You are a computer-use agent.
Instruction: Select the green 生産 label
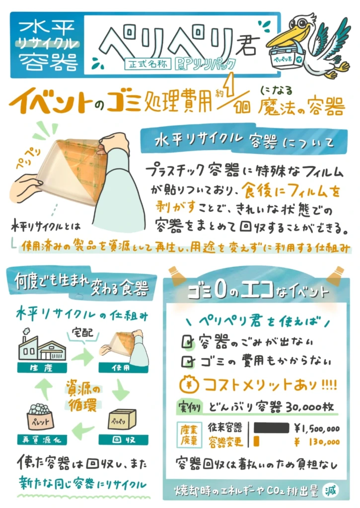pyautogui.click(x=42, y=368)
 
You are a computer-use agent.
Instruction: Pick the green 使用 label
pyautogui.click(x=123, y=368)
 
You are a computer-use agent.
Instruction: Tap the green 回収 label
pyautogui.click(x=123, y=440)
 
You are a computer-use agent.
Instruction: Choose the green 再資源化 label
pyautogui.click(x=42, y=440)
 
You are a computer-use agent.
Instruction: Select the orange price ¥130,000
pyautogui.click(x=317, y=442)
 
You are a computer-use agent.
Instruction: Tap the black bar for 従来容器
pyautogui.click(x=271, y=428)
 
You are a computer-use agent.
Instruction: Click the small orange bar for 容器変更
pyautogui.click(x=256, y=441)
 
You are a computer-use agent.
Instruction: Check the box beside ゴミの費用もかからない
pyautogui.click(x=188, y=361)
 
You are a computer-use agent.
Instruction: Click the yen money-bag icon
pyautogui.click(x=188, y=384)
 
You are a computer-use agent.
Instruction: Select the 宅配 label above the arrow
pyautogui.click(x=82, y=332)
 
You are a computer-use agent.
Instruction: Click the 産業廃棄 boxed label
pyautogui.click(x=189, y=435)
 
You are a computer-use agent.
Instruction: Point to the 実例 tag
pyautogui.click(x=189, y=407)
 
